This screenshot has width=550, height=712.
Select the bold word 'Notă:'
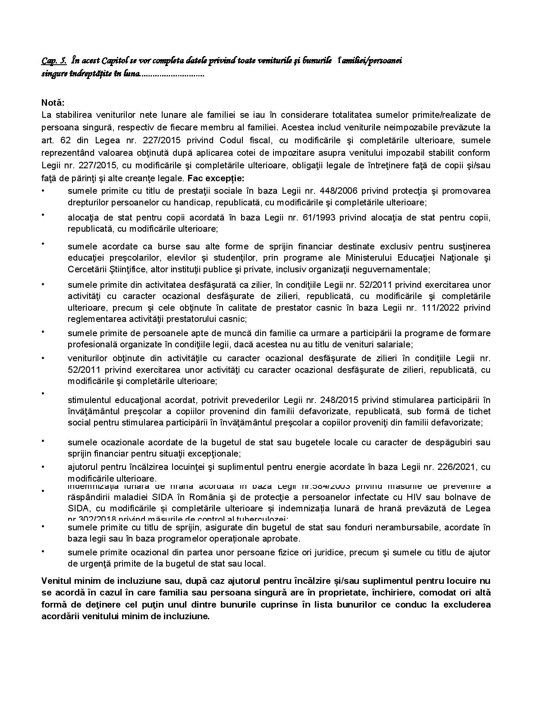tap(53, 103)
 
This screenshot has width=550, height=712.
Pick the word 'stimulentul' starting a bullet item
tap(89, 400)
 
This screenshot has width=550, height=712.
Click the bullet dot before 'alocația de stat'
tap(43, 214)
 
